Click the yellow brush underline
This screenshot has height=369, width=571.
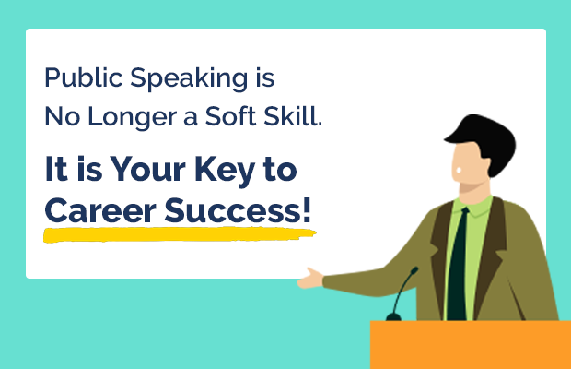coord(180,233)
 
